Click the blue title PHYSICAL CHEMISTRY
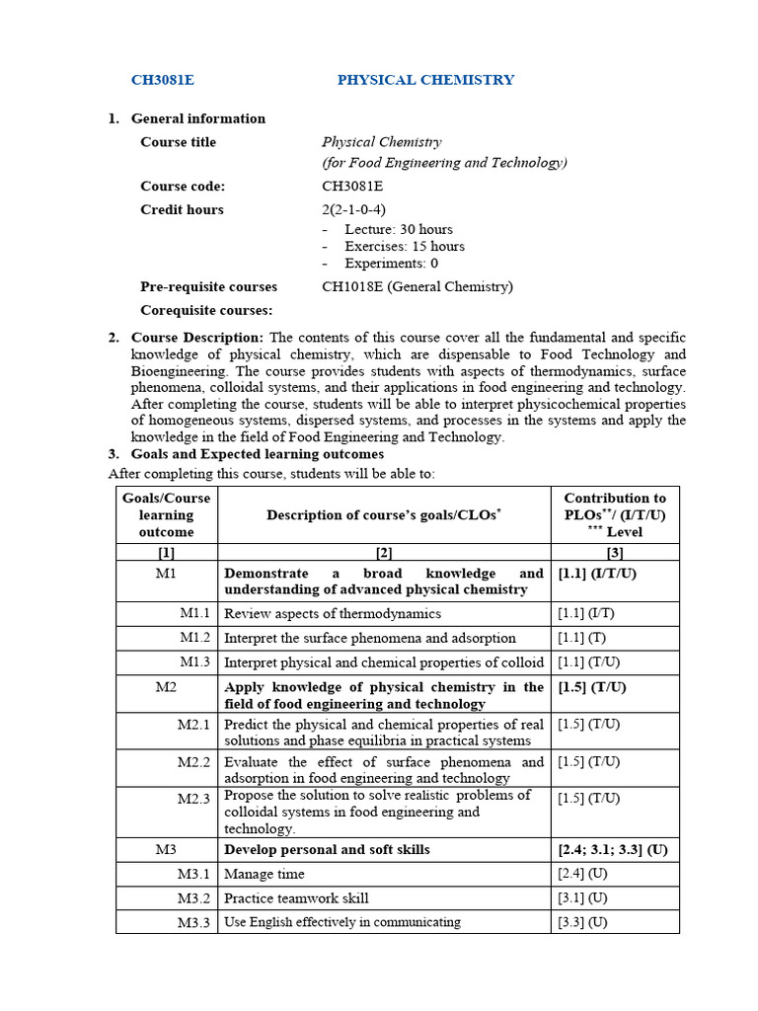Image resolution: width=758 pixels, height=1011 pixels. (425, 80)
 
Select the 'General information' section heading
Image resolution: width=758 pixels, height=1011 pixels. (197, 118)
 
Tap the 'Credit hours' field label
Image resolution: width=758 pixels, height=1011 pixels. (182, 209)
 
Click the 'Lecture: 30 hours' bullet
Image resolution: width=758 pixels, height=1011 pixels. (398, 229)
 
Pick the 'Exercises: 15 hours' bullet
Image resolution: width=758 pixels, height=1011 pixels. (404, 246)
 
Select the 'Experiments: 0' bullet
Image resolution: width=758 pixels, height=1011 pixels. (391, 263)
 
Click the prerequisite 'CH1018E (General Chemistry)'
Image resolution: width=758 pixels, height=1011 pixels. (417, 286)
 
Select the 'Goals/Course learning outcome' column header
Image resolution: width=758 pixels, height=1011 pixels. (166, 514)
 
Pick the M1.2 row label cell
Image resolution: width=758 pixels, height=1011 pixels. (194, 638)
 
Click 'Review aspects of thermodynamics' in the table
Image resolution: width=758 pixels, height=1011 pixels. (333, 613)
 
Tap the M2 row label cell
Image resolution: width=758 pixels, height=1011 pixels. (166, 687)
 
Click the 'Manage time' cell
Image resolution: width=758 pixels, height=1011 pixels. (265, 874)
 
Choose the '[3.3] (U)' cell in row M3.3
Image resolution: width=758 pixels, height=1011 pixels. (582, 922)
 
